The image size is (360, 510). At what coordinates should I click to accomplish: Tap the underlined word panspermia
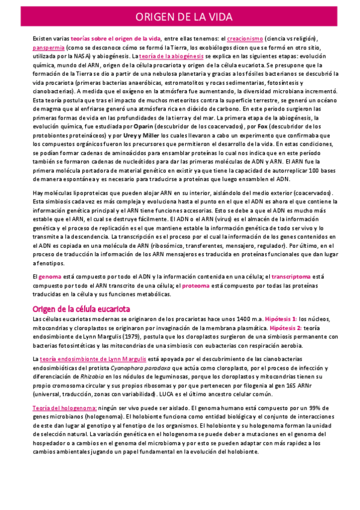[x=49, y=47]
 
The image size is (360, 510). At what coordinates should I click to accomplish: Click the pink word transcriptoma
[x=291, y=276]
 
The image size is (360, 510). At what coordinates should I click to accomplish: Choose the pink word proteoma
[x=196, y=285]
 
